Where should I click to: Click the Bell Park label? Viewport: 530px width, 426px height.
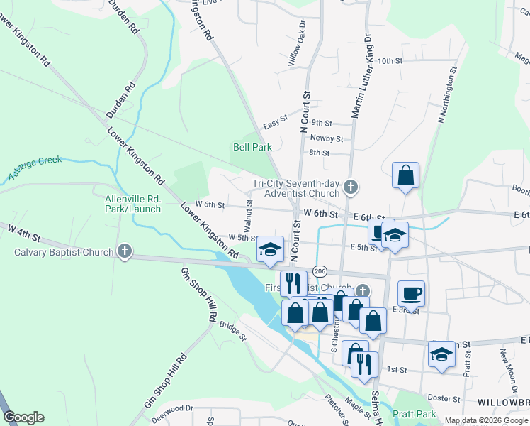pos(252,148)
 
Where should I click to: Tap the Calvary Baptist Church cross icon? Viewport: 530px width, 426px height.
pos(125,251)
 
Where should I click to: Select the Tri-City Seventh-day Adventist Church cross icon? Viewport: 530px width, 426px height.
pos(349,188)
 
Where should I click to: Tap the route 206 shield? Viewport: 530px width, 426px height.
pos(320,271)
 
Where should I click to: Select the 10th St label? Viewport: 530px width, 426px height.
pos(390,62)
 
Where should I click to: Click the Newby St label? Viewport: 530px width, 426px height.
pos(327,138)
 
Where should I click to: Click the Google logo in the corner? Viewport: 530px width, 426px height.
pos(23,417)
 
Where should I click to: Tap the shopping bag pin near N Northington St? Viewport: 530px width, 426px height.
pos(405,176)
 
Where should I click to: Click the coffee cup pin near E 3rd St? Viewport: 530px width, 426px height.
pos(411,293)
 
